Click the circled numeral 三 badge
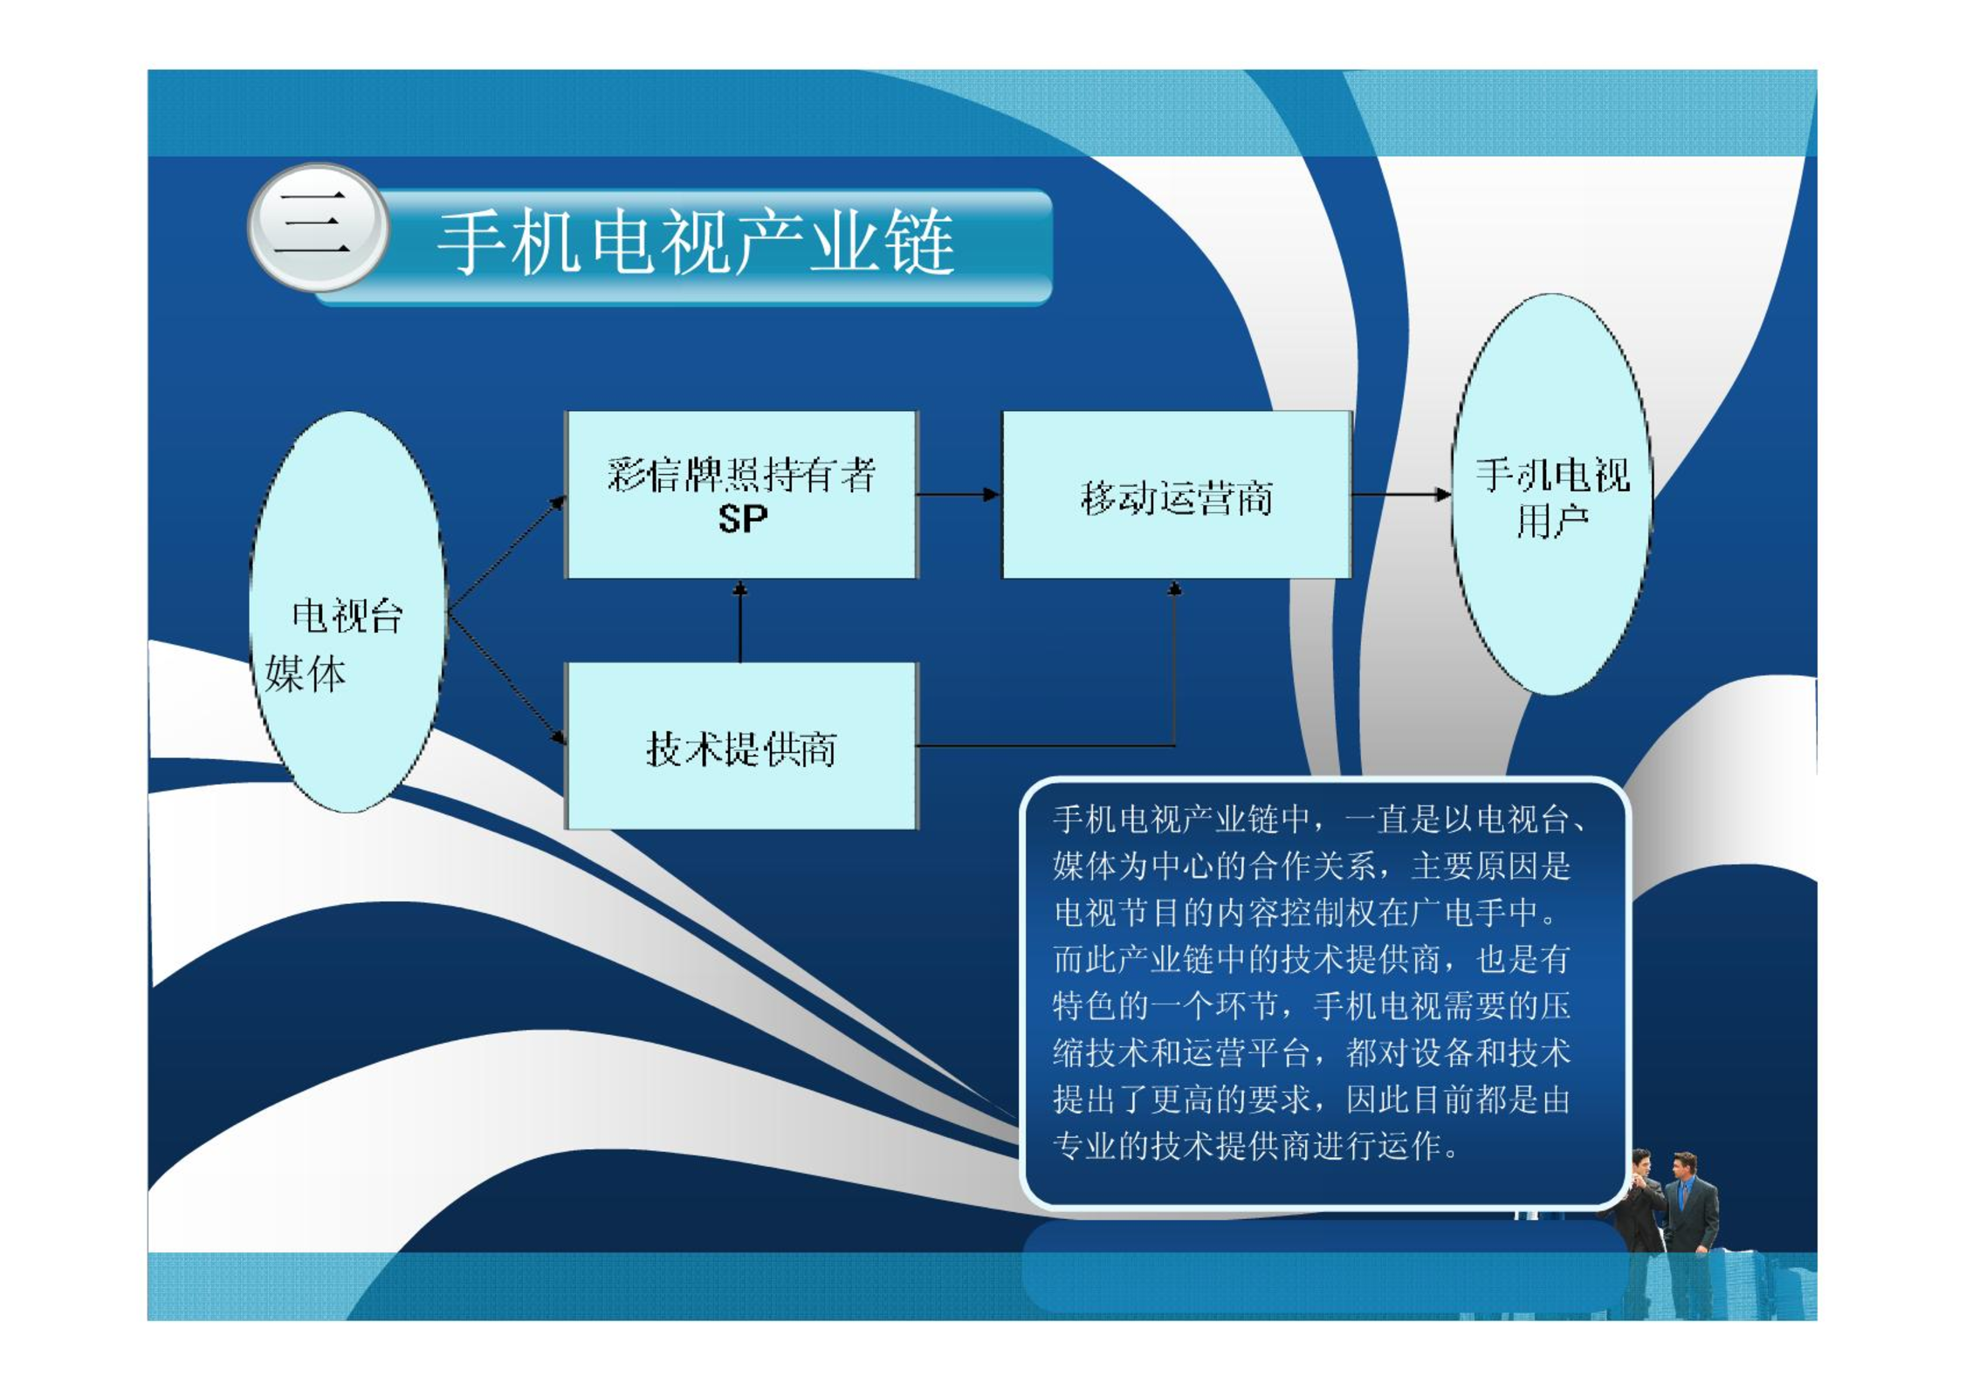pos(319,227)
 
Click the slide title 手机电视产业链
pos(695,242)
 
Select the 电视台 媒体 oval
pos(347,612)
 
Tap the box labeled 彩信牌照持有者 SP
pos(741,495)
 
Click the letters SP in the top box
pos(742,519)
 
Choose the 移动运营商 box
pos(1176,495)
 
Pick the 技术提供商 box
pos(741,745)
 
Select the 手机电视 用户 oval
pos(1551,495)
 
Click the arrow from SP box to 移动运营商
pos(959,495)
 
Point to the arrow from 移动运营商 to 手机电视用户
pos(1401,495)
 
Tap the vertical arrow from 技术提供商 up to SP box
pos(740,621)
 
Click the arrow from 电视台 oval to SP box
pos(506,554)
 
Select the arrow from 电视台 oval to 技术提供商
pos(506,678)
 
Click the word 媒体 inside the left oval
pos(306,675)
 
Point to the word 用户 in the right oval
pos(1551,522)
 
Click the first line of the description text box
pos(1319,820)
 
